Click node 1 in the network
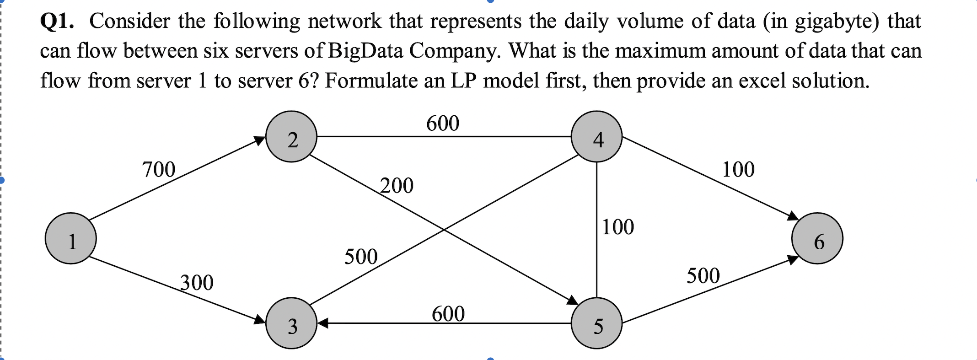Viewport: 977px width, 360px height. coord(71,238)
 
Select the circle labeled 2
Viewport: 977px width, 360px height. coord(291,136)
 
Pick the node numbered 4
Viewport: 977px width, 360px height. coord(596,136)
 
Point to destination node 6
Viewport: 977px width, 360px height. coord(817,238)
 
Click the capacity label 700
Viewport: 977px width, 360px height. coord(159,170)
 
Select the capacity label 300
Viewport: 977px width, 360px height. coord(197,283)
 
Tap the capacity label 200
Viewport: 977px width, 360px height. coord(397,186)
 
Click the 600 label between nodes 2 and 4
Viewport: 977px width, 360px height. coord(443,124)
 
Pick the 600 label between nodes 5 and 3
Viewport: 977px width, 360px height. coord(448,314)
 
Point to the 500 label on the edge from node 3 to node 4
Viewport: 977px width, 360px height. coord(361,257)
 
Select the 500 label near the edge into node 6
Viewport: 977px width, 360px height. coord(703,276)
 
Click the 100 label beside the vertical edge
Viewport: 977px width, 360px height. coord(618,227)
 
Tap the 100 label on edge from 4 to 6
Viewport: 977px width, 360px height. coord(738,170)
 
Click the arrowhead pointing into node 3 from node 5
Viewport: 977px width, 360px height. coord(323,323)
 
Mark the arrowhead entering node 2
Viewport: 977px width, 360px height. coord(260,140)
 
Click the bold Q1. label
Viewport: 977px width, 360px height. coord(57,21)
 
